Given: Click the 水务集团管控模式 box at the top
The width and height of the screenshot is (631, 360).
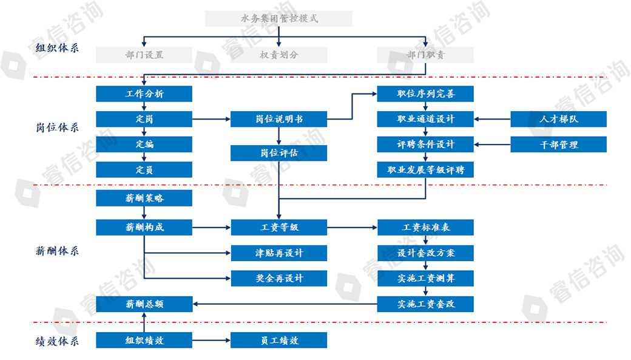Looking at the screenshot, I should (278, 18).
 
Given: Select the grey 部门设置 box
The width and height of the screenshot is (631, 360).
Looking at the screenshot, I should (144, 55).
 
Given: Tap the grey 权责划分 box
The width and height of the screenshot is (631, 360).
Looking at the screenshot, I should (278, 55).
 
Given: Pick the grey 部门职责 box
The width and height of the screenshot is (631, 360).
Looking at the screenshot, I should (425, 55).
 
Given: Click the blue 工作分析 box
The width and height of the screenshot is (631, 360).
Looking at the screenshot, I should (144, 93).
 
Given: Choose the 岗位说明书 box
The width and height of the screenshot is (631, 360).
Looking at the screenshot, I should (278, 119).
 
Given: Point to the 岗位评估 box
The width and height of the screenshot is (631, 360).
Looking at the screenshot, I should (278, 153).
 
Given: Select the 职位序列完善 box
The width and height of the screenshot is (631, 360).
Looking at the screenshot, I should (425, 93).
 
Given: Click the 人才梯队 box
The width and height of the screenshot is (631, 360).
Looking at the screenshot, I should (559, 119).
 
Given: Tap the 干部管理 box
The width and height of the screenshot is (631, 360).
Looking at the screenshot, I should (559, 144).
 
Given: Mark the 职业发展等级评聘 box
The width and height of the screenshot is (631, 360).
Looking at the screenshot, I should (425, 169).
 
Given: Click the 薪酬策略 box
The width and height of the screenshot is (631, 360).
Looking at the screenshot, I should (144, 198).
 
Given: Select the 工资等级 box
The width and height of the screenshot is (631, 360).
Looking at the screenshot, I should (278, 228).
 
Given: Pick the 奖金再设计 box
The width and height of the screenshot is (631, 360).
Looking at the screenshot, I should (278, 278).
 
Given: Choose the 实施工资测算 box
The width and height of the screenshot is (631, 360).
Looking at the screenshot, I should (425, 278).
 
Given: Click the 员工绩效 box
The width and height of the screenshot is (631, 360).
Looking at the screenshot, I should (278, 341).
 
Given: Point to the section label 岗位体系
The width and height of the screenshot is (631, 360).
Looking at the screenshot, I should (57, 127).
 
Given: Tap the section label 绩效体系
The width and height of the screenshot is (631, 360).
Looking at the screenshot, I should (57, 341).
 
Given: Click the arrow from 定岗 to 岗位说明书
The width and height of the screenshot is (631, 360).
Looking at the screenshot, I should (211, 119).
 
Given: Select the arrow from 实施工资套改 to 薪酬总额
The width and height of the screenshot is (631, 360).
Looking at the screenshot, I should (285, 304).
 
